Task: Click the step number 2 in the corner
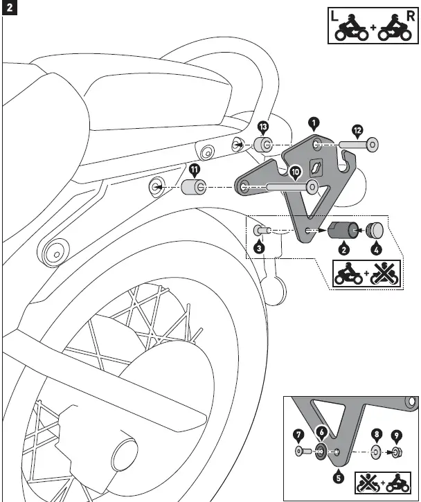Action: [9, 9]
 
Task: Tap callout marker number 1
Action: [314, 123]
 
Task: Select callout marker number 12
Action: [357, 129]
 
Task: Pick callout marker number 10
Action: [294, 171]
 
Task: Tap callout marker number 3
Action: [258, 247]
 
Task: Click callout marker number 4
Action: [377, 247]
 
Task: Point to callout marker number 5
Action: [339, 476]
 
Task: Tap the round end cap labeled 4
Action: [377, 230]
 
